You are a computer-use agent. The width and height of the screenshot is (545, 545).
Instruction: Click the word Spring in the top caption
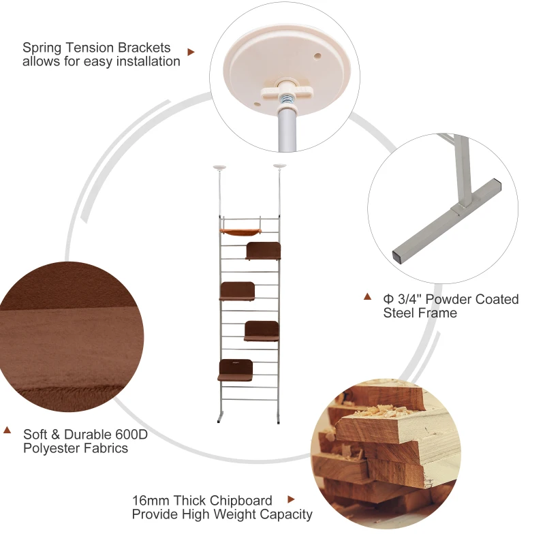pos(40,48)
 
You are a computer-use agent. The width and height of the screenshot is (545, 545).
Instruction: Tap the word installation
pos(148,61)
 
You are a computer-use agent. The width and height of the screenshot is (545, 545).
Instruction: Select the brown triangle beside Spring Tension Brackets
pos(191,51)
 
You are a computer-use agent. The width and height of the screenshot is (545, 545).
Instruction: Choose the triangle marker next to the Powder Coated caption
pos(368,296)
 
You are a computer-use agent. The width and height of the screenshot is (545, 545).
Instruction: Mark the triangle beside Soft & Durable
pos(7,430)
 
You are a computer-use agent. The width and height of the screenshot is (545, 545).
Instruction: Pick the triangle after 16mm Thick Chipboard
pos(292,499)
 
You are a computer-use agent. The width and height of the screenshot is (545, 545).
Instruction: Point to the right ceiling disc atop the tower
pos(279,166)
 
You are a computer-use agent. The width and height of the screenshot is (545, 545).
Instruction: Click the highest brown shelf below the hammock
pos(264,251)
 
